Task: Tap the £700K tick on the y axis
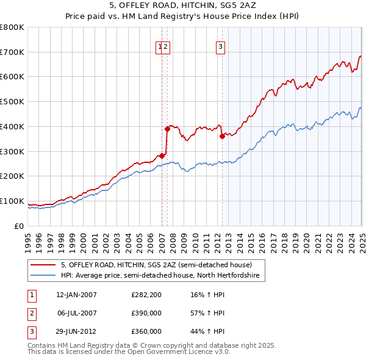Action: point(12,52)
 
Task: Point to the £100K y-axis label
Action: point(12,201)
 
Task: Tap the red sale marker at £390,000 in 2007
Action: point(167,129)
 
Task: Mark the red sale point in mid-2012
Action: point(222,136)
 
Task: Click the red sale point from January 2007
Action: point(162,156)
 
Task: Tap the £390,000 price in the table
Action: point(146,313)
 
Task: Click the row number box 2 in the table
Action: point(30,313)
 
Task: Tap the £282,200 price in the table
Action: point(146,295)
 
